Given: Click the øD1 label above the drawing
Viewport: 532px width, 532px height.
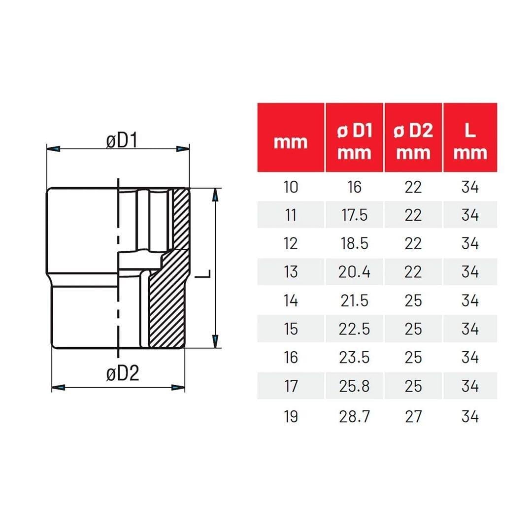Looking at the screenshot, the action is [122, 141].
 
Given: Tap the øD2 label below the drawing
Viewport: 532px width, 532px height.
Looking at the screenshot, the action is [123, 373].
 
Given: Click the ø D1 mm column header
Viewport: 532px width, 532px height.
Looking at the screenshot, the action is [354, 141].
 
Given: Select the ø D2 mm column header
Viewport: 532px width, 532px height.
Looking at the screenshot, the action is [413, 141].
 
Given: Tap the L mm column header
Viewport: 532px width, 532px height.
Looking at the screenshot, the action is [470, 141].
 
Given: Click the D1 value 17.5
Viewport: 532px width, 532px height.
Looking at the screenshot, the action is [354, 215].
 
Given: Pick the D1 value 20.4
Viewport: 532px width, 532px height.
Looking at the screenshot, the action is [354, 272].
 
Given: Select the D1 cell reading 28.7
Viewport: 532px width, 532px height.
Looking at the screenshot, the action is [354, 416].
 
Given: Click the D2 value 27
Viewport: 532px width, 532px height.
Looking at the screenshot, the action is [413, 416].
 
